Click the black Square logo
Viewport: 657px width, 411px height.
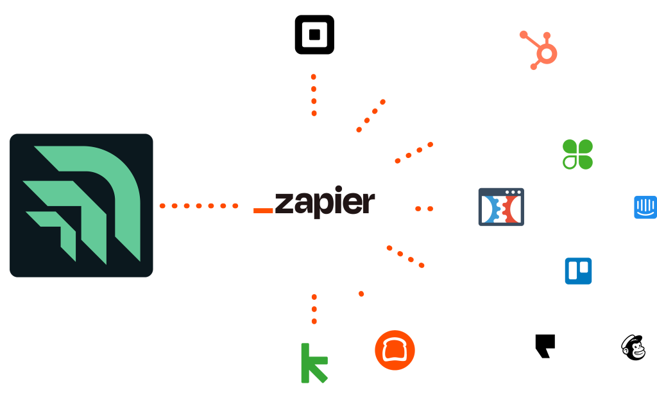[x=314, y=35]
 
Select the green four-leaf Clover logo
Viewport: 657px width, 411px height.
[x=577, y=154]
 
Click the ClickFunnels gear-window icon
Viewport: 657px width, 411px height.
[x=501, y=207]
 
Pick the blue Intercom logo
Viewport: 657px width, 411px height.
[x=645, y=207]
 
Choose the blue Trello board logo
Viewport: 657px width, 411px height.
[x=578, y=271]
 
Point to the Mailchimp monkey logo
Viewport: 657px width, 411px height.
[x=633, y=347]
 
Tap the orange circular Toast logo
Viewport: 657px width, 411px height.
[x=395, y=350]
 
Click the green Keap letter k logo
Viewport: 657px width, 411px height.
[x=314, y=363]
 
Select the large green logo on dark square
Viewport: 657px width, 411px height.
[x=81, y=205]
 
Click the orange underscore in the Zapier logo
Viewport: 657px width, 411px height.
[x=263, y=210]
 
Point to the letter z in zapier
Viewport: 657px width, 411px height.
[x=284, y=204]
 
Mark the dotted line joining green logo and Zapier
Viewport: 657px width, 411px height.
[x=199, y=206]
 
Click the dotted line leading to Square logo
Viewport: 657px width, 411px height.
[x=314, y=94]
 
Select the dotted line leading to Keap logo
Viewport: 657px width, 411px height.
[x=314, y=309]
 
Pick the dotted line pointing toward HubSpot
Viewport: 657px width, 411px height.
[x=370, y=116]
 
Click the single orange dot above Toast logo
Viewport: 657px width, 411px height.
[x=361, y=294]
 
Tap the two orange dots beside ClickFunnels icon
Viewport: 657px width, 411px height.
[x=424, y=209]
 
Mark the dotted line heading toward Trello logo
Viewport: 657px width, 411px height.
[x=405, y=256]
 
